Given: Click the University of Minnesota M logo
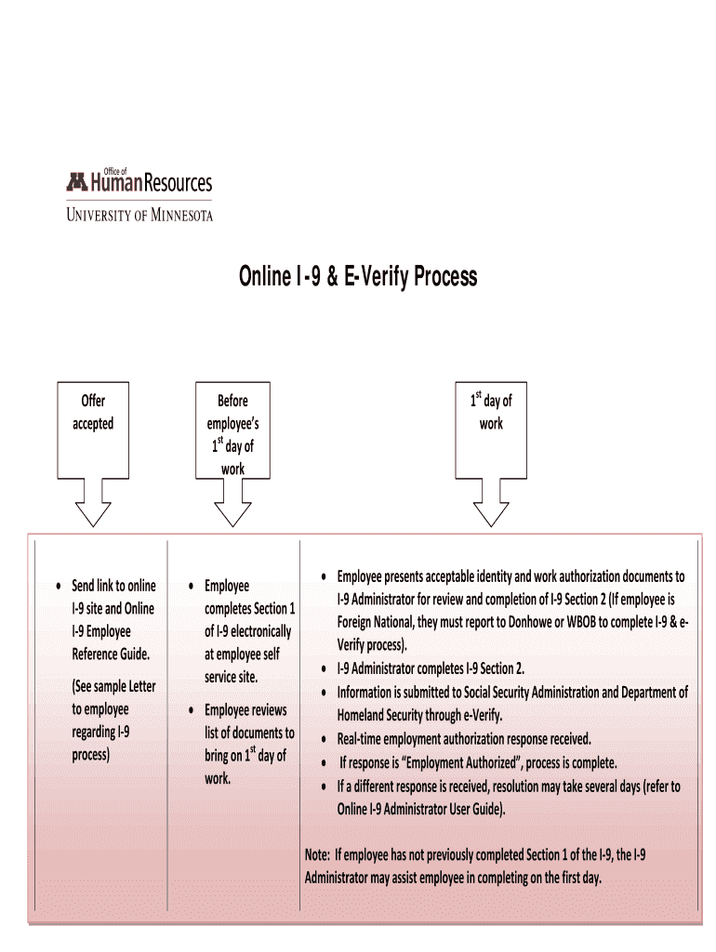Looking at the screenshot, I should tap(76, 183).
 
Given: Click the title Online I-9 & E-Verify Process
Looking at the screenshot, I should tap(358, 276).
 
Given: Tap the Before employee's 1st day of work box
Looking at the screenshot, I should tap(232, 434).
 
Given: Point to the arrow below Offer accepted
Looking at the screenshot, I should tap(93, 511).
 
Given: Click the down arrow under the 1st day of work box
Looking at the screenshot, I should tap(491, 511).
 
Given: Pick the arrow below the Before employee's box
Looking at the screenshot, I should tap(232, 511).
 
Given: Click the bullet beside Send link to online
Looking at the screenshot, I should tap(59, 586).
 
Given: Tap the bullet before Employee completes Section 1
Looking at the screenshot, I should tap(191, 586).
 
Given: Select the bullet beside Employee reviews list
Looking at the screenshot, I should tap(191, 711).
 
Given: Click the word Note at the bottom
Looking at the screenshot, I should tap(317, 854).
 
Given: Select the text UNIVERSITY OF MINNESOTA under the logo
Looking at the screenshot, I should tap(139, 215).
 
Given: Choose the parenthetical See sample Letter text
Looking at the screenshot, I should tap(113, 687).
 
